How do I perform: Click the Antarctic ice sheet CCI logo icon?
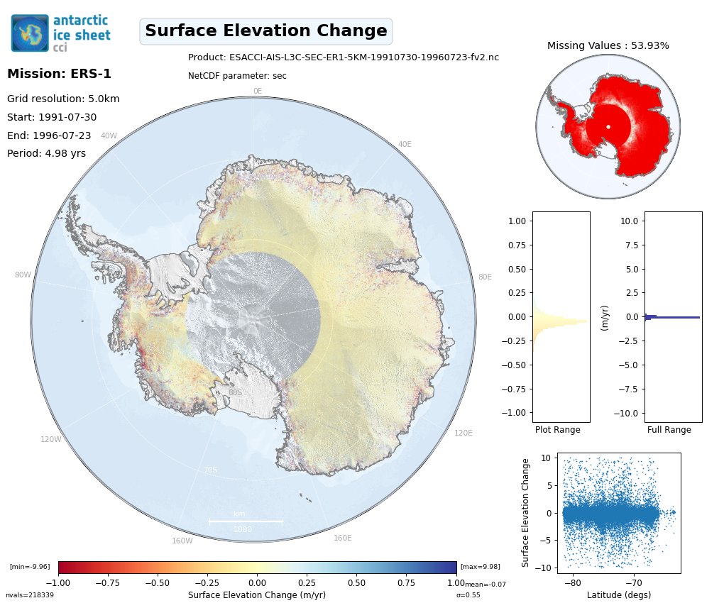(30, 33)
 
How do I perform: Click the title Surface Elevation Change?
(266, 31)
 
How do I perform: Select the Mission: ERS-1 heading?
(59, 74)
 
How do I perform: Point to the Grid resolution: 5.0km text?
(63, 99)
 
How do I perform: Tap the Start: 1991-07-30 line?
(52, 118)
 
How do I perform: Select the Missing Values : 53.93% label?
(608, 46)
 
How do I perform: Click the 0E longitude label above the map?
(258, 91)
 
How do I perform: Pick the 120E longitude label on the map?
(464, 433)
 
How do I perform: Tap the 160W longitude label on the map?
(182, 541)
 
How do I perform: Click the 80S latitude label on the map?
(235, 392)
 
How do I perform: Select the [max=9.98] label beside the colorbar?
(480, 567)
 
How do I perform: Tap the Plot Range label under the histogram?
(557, 430)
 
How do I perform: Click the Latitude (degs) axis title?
(618, 595)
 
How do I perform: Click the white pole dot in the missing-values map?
(608, 127)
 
